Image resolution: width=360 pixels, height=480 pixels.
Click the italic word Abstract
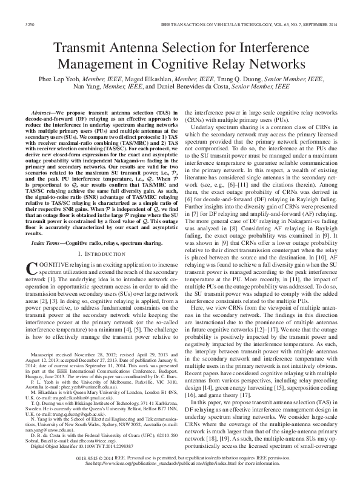(x=44, y=113)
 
